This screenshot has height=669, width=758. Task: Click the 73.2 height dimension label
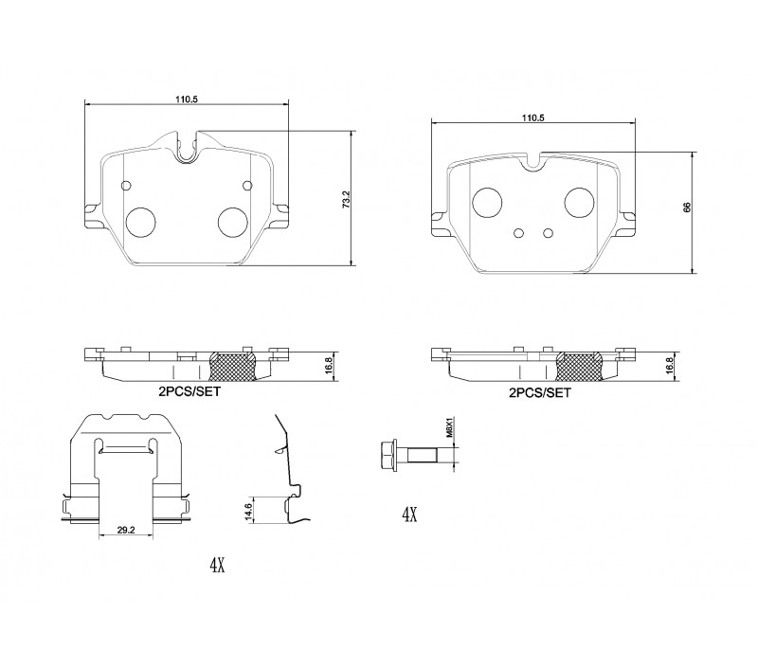(346, 199)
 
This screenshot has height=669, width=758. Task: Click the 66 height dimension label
(687, 208)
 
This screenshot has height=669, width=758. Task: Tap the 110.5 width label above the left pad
(187, 99)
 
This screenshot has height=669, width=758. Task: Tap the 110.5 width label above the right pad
(532, 118)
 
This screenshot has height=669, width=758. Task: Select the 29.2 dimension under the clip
(126, 530)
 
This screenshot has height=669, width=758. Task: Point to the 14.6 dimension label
(248, 513)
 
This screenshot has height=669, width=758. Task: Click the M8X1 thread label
(448, 428)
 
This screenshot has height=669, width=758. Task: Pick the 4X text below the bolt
(409, 515)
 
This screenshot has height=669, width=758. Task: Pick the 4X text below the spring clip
(217, 565)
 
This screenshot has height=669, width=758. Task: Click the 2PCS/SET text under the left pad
(189, 391)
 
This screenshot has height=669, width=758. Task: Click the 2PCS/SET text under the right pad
(539, 393)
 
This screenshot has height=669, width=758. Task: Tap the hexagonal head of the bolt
(388, 455)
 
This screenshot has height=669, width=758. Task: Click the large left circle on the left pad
(140, 223)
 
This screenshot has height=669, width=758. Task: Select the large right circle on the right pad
(579, 203)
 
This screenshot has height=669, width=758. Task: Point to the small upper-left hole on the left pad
(126, 186)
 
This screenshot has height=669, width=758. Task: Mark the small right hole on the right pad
(548, 233)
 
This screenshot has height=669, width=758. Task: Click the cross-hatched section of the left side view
(232, 366)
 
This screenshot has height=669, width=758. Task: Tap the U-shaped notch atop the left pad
(187, 148)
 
